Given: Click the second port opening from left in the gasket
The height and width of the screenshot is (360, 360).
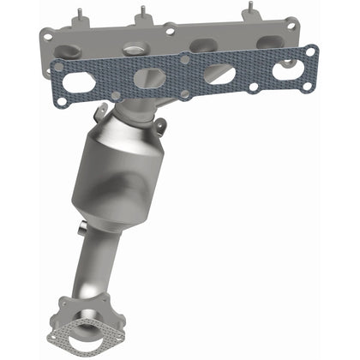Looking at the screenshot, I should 150,78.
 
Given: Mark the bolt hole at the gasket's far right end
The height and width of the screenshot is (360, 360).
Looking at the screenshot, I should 309,52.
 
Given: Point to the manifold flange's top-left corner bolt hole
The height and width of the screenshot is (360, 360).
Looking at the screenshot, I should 45,34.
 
